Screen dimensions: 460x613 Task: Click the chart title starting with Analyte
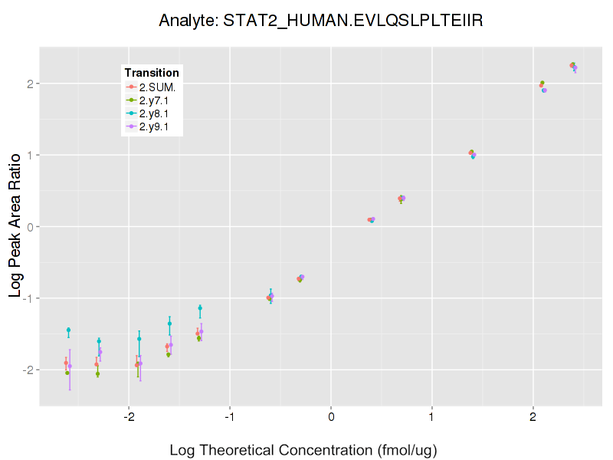pyautogui.click(x=320, y=21)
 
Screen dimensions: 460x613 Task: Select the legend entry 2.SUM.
pyautogui.click(x=157, y=87)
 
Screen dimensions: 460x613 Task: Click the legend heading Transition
pyautogui.click(x=152, y=73)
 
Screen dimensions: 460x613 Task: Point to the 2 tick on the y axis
pyautogui.click(x=28, y=84)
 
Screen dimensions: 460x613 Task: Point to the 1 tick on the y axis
pyautogui.click(x=28, y=155)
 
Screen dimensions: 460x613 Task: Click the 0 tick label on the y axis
pyautogui.click(x=28, y=227)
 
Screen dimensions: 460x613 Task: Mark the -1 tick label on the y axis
pyautogui.click(x=26, y=298)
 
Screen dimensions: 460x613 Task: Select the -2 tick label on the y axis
pyautogui.click(x=26, y=370)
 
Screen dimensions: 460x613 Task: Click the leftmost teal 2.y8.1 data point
pyautogui.click(x=68, y=330)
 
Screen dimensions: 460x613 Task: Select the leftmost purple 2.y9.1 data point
pyautogui.click(x=70, y=366)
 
